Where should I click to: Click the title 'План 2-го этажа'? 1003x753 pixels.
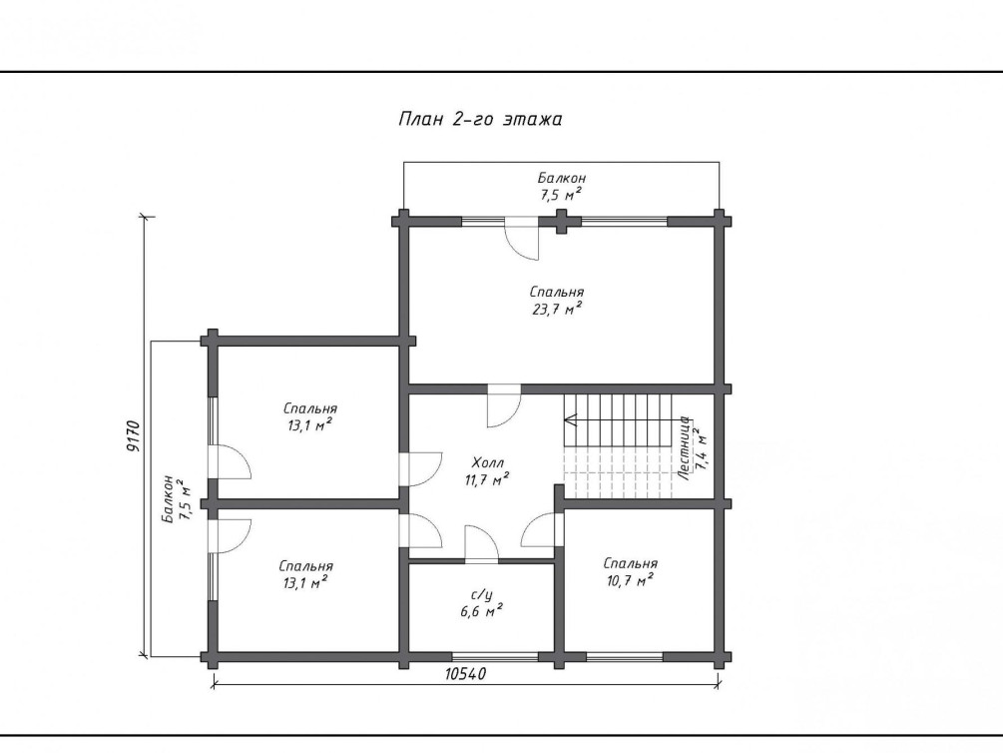point(480,119)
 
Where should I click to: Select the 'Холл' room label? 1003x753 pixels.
point(488,462)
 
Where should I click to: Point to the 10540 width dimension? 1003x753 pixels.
point(466,673)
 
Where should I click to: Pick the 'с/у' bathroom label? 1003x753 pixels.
point(482,595)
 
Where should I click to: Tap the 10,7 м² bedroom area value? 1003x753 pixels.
point(630,581)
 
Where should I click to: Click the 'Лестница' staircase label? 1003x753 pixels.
point(684,448)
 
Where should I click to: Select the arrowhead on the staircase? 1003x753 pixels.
point(571,420)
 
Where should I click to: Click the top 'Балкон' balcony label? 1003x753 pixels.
point(562,178)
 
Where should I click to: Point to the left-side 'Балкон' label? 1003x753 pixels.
point(168,498)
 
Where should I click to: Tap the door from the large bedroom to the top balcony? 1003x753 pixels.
point(521,239)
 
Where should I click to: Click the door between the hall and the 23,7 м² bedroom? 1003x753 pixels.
point(504,405)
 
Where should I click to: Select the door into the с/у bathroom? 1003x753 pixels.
point(481,544)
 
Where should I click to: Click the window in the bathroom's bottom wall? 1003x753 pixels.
point(495,656)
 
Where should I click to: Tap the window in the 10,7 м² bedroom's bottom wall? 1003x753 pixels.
point(625,656)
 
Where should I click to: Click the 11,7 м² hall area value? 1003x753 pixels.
point(487,479)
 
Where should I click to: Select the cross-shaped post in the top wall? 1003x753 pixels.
point(561,222)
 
